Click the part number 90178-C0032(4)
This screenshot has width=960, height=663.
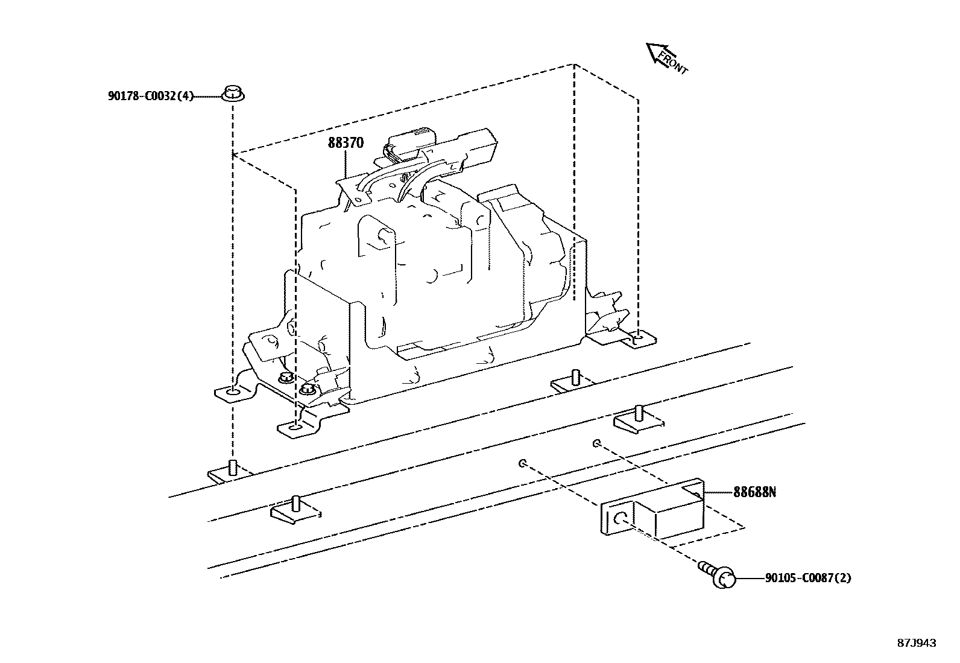pyautogui.click(x=151, y=96)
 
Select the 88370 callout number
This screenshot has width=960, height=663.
pyautogui.click(x=346, y=143)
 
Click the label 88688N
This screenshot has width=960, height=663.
pyautogui.click(x=754, y=492)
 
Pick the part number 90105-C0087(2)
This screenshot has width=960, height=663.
pyautogui.click(x=808, y=578)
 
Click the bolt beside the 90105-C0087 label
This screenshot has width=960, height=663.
pyautogui.click(x=721, y=576)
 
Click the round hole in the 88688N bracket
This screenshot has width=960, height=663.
pyautogui.click(x=620, y=518)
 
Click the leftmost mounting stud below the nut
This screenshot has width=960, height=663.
pyautogui.click(x=233, y=468)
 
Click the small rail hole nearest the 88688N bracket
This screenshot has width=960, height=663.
pyautogui.click(x=596, y=444)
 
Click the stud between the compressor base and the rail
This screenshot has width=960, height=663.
pyautogui.click(x=575, y=378)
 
